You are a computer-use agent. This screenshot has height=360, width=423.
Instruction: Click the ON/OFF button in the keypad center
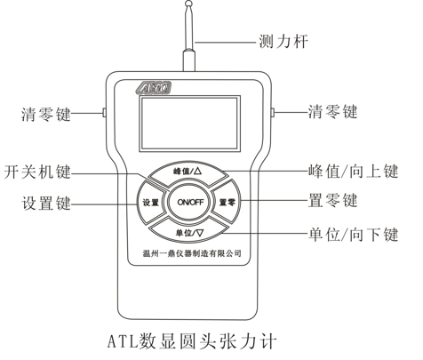coord(190,202)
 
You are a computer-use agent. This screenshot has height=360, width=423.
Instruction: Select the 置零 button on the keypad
coord(227,202)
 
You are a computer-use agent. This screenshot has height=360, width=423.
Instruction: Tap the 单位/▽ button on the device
coord(189,231)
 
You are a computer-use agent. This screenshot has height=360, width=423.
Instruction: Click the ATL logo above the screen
coord(154,88)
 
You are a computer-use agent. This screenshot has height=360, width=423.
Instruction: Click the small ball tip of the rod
coord(188,4)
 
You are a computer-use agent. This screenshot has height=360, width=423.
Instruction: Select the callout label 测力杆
coord(283,42)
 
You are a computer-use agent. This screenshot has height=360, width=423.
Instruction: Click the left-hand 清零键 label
coord(46,114)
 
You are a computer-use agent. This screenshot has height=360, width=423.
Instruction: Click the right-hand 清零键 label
coord(333,112)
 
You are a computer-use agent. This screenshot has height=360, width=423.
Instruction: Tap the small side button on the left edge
coord(104,112)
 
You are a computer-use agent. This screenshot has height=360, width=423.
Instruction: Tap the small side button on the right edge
coord(273,112)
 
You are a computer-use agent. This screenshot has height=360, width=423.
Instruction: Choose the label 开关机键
coord(37,172)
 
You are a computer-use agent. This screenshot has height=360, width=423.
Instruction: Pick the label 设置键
coord(46,204)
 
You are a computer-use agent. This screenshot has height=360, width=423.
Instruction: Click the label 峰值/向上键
coord(353,171)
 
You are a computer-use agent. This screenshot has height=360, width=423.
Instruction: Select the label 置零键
coord(333,201)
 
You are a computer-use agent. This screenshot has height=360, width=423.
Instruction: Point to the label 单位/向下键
coord(353,234)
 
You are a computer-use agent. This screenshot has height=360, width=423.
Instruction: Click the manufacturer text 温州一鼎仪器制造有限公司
coord(192,253)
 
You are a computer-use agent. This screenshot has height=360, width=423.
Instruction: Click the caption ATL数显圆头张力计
coord(192,341)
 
